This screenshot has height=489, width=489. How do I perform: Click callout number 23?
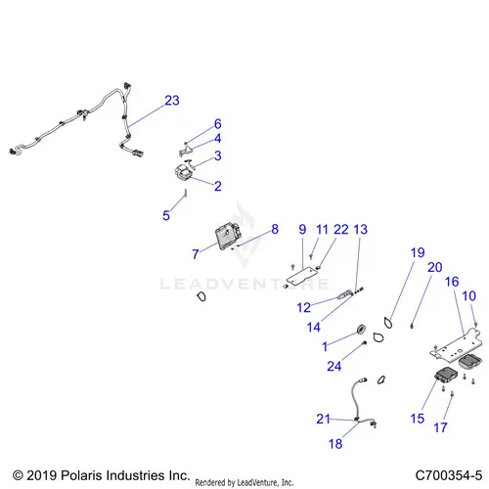[x=172, y=101]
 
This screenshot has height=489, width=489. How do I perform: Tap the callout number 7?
[x=196, y=254]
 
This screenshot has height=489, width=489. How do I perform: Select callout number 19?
[x=418, y=252]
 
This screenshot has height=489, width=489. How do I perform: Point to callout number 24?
[x=334, y=366]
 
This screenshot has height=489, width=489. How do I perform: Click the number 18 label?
[x=335, y=444]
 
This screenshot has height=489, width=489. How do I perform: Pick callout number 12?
[x=303, y=307]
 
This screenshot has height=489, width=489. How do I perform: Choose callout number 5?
[x=166, y=215]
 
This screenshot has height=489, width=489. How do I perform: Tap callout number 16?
[x=452, y=282]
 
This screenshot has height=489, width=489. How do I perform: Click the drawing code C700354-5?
[x=449, y=475]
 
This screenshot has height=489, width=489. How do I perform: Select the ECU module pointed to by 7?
[x=228, y=236]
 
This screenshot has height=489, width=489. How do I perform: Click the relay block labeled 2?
[x=183, y=172]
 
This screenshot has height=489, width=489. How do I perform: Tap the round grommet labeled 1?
[x=362, y=330]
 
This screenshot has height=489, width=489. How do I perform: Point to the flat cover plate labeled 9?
[x=302, y=277]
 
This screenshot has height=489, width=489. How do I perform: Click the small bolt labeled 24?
[x=365, y=342]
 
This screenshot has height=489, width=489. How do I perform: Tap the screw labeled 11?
[x=311, y=257]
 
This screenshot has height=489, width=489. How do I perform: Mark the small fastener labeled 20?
[x=412, y=326]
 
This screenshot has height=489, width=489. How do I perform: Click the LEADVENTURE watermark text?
[x=244, y=284]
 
